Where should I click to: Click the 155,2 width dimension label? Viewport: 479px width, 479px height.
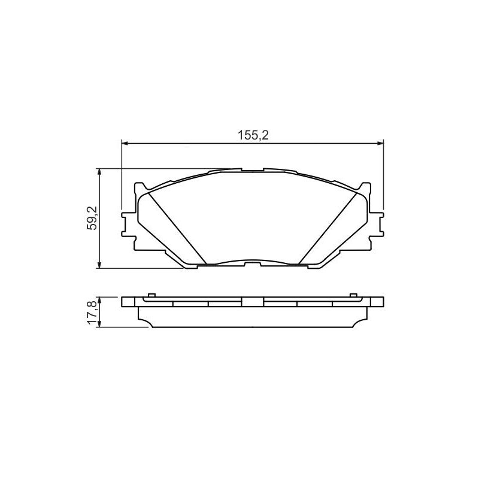click(253, 135)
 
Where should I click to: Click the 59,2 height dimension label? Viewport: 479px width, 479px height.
click(92, 218)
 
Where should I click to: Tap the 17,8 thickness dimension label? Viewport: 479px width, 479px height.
click(92, 312)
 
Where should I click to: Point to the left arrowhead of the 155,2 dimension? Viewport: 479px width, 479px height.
click(125, 143)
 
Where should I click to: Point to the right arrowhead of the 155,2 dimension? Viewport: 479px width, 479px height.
click(380, 143)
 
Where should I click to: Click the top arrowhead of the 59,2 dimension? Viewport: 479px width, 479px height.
click(99, 171)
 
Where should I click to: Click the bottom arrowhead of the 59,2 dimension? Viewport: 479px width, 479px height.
click(99, 265)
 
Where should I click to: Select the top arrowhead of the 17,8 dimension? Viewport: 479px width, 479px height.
click(99, 300)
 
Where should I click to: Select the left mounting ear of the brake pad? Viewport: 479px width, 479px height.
click(128, 225)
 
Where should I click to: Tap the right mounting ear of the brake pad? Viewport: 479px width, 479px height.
click(377, 225)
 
